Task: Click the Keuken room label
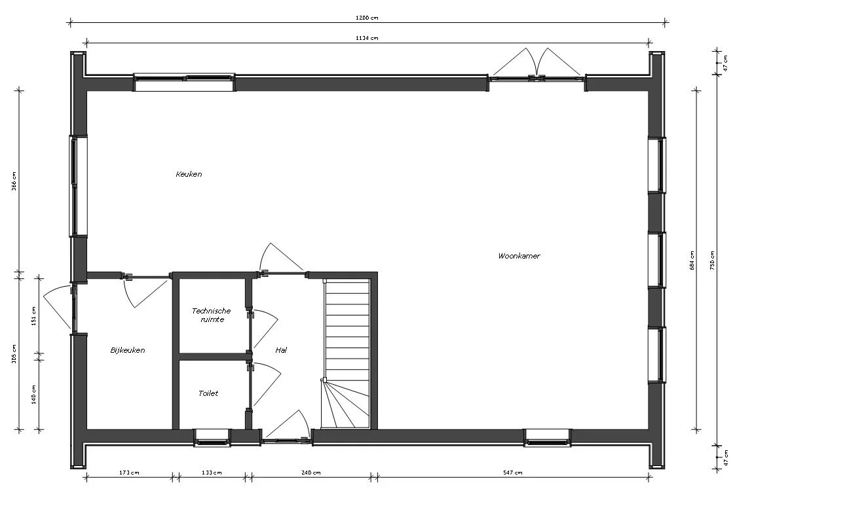tap(189, 174)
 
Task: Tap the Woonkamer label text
tap(519, 256)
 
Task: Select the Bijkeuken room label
tap(127, 350)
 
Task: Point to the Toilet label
tap(208, 393)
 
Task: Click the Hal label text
tap(281, 350)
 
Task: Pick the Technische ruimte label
tap(211, 315)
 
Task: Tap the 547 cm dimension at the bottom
tap(513, 473)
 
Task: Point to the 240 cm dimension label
tap(311, 473)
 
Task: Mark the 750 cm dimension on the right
tap(713, 259)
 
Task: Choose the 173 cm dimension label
tap(129, 473)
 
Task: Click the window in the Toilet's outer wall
tap(212, 438)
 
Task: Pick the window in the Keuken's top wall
tap(184, 81)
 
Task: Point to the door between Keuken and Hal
tap(282, 259)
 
